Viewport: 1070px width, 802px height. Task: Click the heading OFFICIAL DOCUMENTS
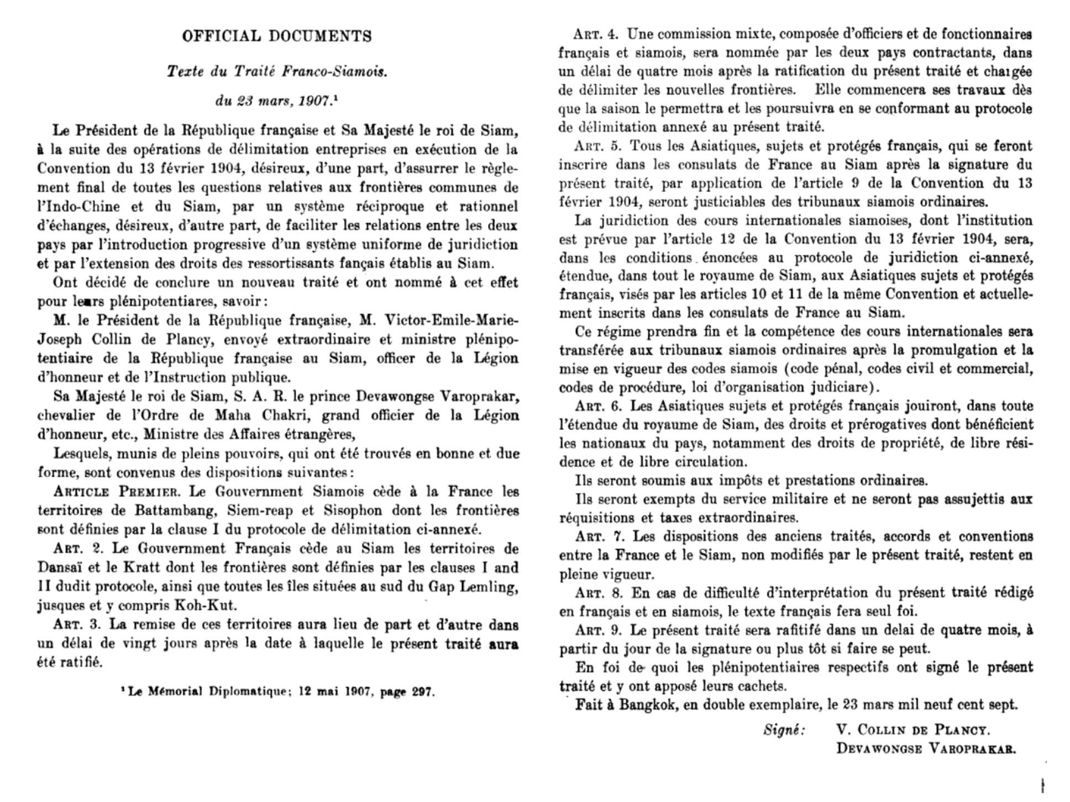277,36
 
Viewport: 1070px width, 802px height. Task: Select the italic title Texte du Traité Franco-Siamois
277,72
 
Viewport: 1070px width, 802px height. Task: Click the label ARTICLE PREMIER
116,492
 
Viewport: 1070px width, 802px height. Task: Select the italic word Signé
784,730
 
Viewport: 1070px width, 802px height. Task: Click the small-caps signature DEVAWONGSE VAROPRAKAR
926,750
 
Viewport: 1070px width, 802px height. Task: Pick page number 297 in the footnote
423,692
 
